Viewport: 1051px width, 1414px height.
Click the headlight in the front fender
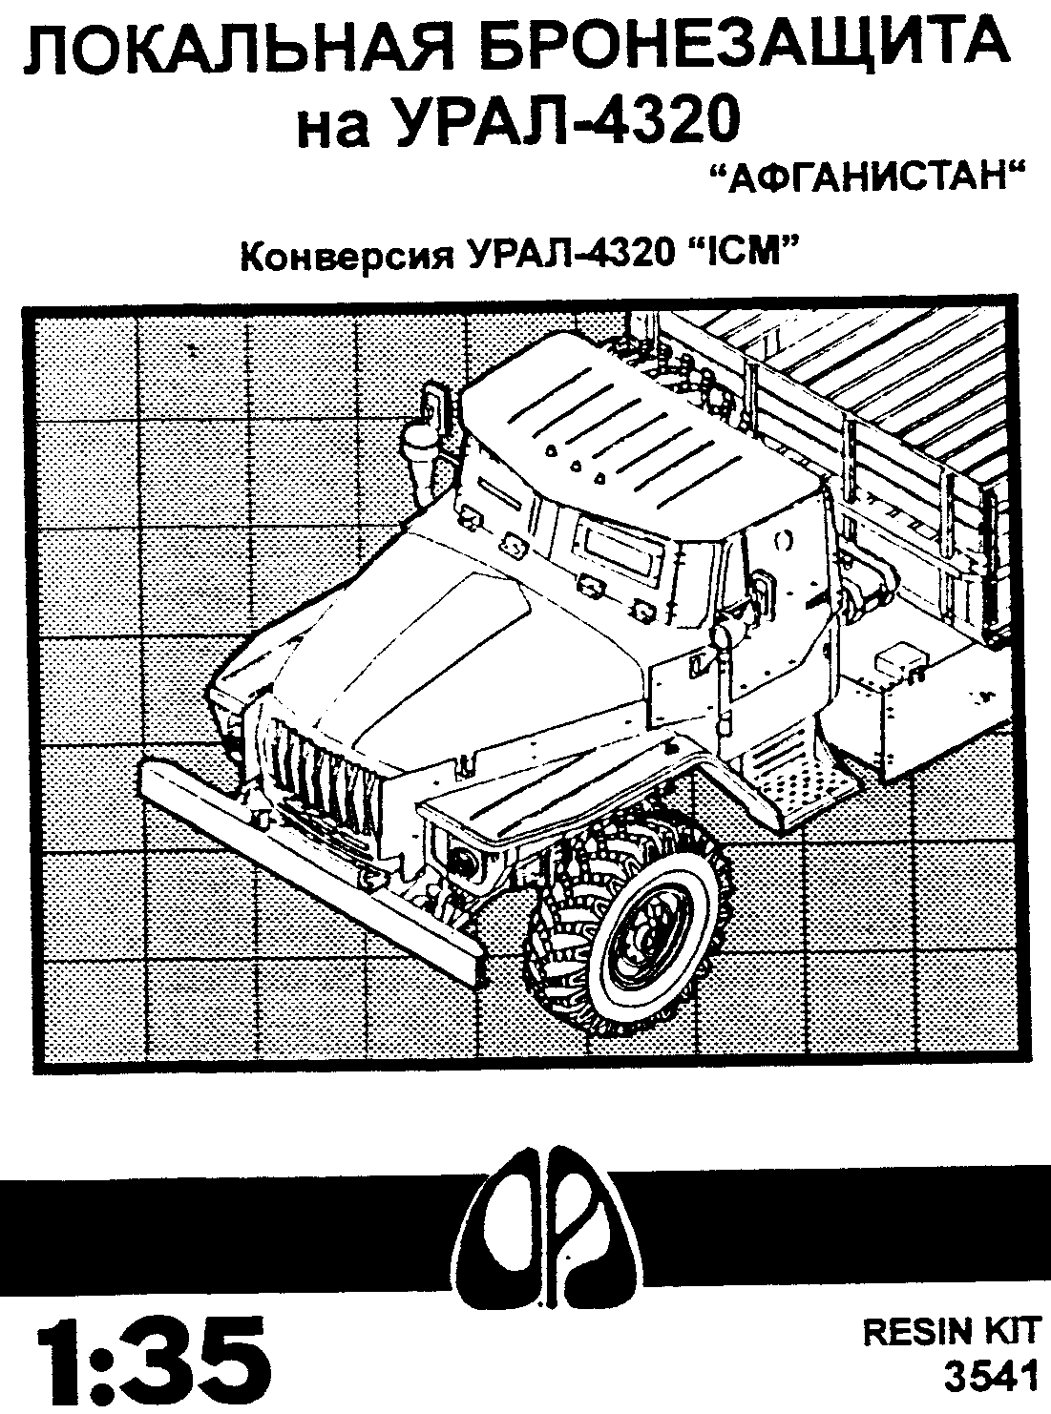[x=466, y=863]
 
